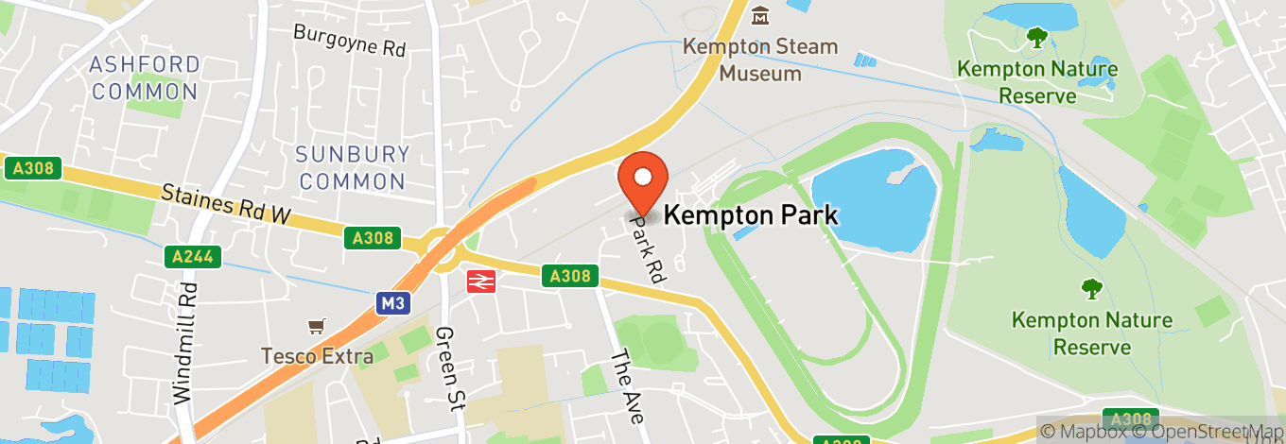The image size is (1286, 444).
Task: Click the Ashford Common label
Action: tap(145, 78)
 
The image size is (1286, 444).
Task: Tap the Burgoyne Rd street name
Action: tap(349, 41)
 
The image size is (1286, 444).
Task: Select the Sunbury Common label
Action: tap(351, 167)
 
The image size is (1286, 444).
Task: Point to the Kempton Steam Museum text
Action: tap(761, 60)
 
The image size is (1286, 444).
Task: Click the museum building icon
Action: tap(760, 16)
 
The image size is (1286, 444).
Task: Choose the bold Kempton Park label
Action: tap(751, 215)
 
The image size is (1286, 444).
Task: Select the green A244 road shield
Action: tap(191, 256)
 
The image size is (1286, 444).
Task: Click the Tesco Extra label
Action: tap(318, 356)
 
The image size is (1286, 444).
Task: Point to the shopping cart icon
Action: tap(317, 327)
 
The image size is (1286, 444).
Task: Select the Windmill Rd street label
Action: tap(186, 342)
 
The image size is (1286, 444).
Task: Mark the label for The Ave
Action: tap(627, 385)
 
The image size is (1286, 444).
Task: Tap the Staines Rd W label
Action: tap(225, 205)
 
